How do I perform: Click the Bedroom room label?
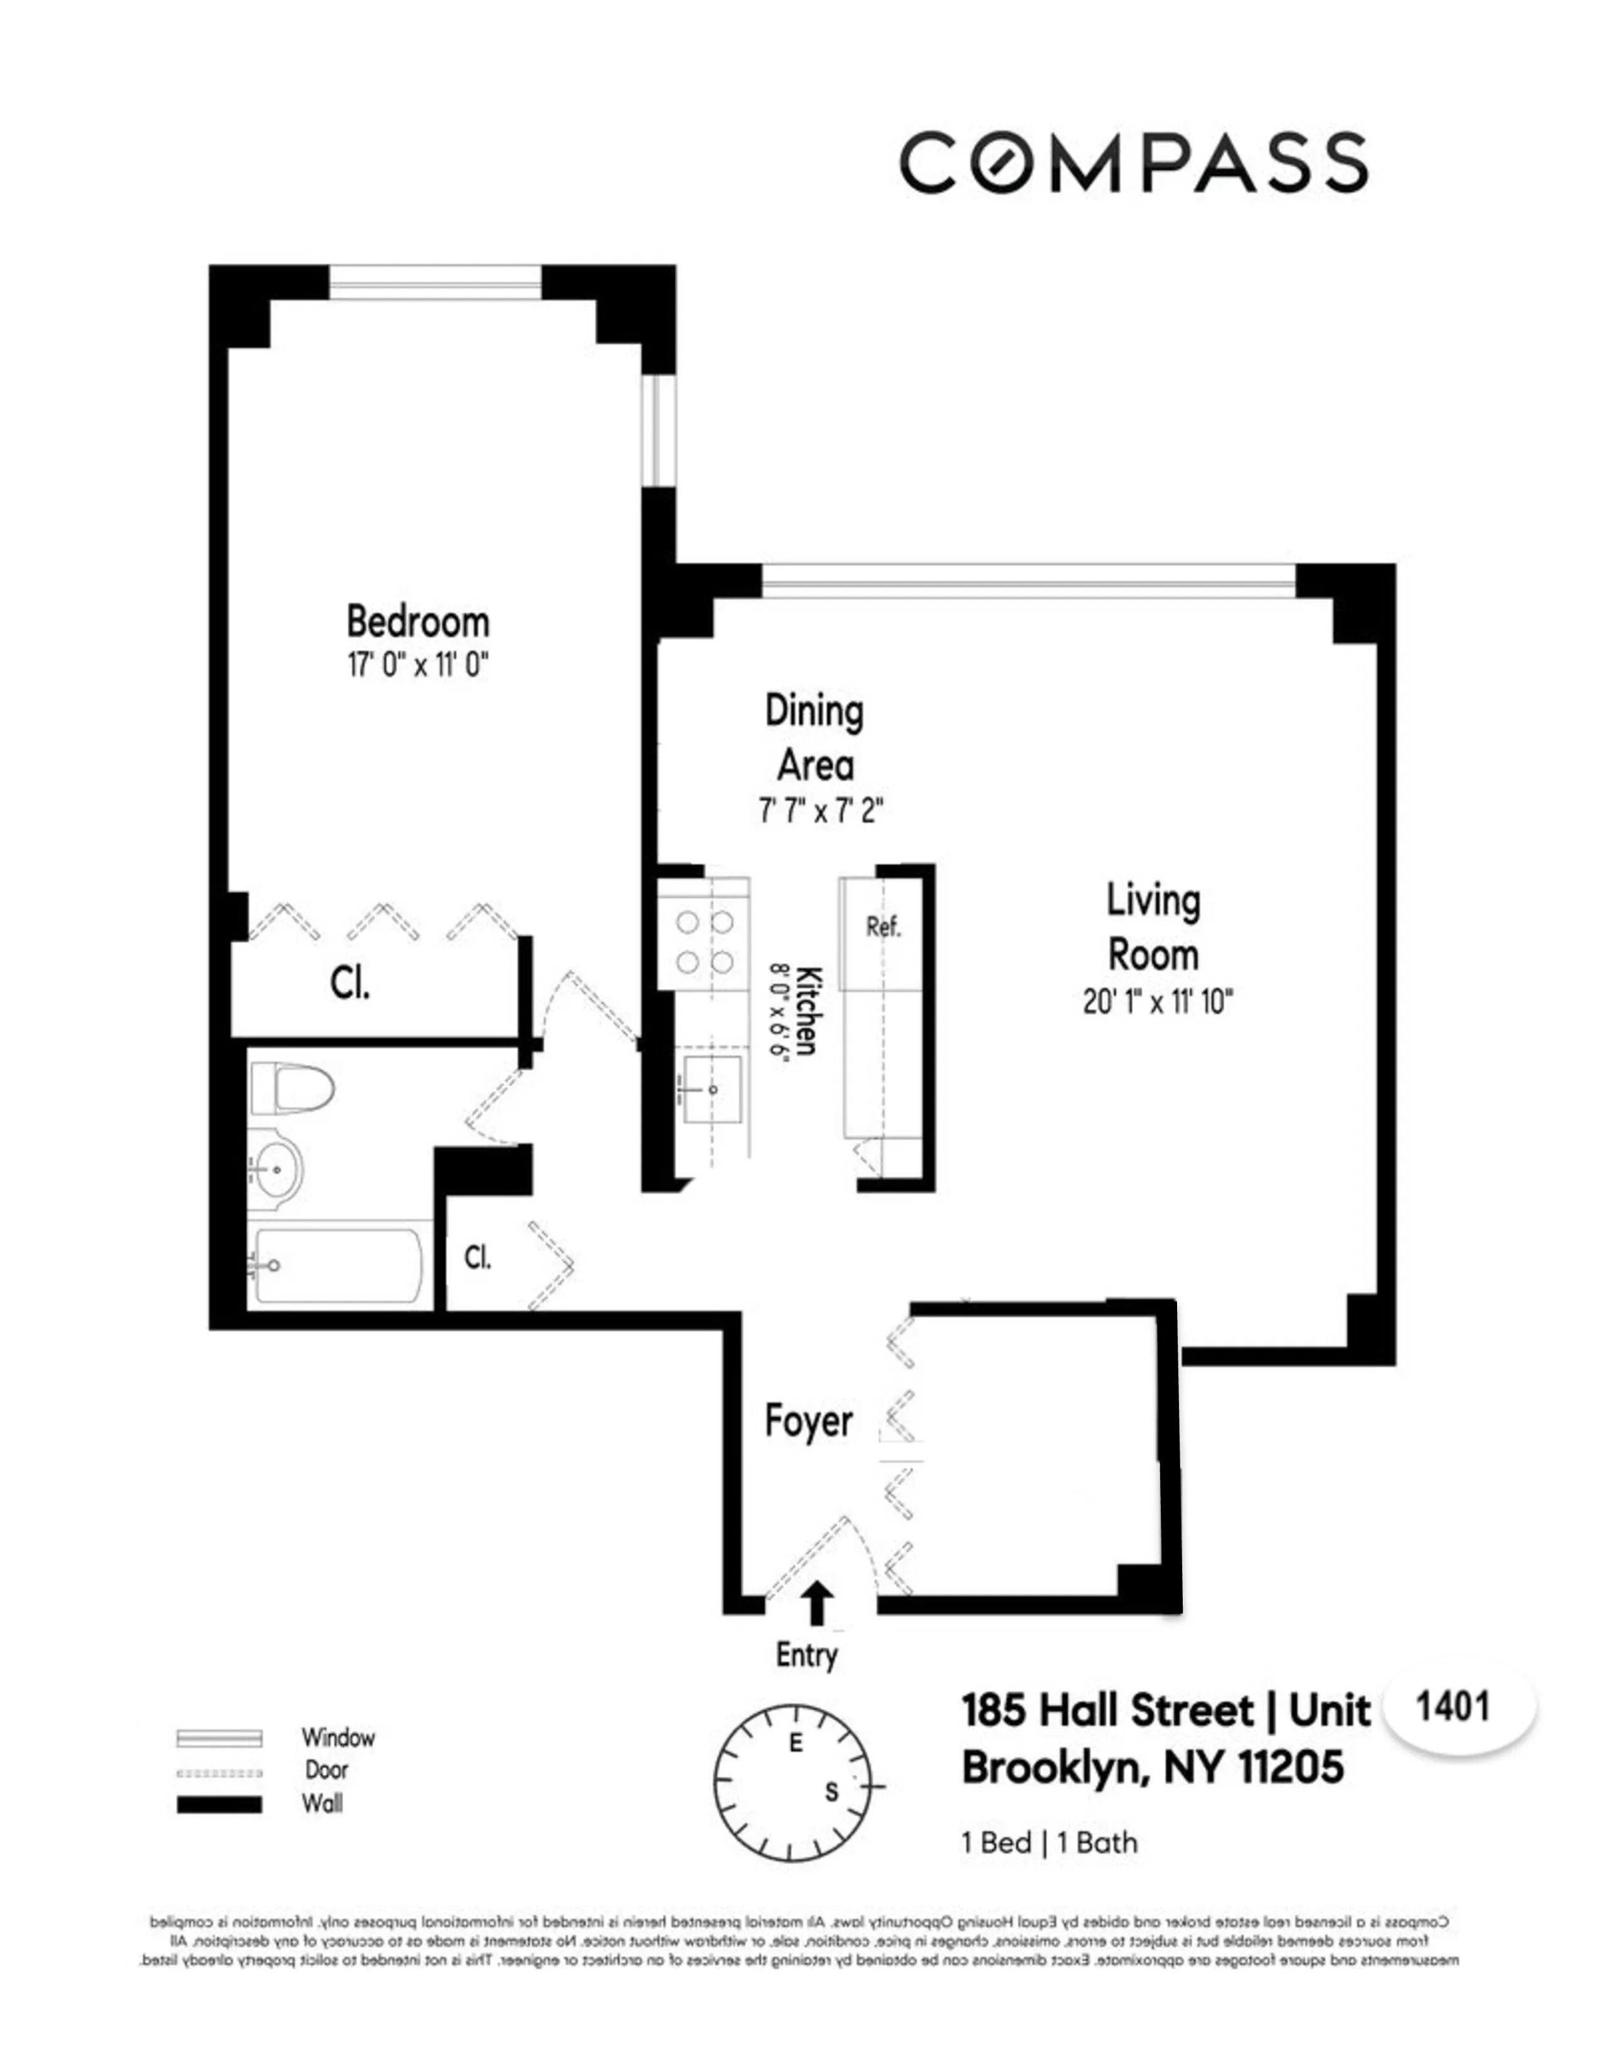click(x=417, y=622)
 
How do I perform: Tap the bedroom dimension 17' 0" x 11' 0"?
click(x=417, y=665)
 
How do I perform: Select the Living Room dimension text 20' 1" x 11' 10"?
click(x=1158, y=1002)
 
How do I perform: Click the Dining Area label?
click(x=814, y=738)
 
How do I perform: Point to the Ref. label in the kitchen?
click(x=882, y=926)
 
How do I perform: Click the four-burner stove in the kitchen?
click(x=704, y=941)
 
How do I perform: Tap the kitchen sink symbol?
click(x=712, y=1089)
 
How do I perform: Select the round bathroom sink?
click(x=275, y=1169)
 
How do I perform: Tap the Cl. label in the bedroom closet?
click(x=349, y=983)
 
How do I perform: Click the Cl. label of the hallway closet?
click(x=477, y=1258)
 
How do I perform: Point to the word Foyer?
click(x=809, y=1420)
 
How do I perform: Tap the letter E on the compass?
click(x=796, y=1743)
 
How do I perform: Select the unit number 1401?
click(x=1452, y=1707)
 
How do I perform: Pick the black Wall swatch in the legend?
click(x=219, y=1804)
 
